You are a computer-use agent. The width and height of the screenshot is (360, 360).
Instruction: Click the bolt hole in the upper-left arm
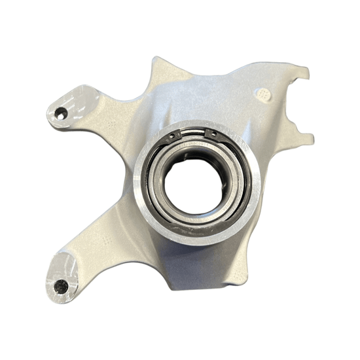point(61,114)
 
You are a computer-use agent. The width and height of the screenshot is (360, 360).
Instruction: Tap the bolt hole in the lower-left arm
point(61,285)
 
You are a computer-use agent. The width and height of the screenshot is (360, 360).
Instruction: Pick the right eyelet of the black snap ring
point(211,134)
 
